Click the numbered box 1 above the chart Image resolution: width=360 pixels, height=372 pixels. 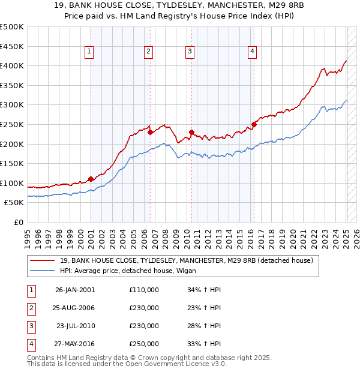(x=89, y=52)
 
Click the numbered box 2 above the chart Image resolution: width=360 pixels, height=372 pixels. (x=148, y=52)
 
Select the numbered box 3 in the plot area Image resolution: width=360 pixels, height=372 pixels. (x=190, y=52)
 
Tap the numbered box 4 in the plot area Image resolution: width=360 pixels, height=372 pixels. (x=253, y=52)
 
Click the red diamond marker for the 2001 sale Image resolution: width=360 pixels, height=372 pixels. (x=91, y=179)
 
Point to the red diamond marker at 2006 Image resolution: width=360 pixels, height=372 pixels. (x=150, y=132)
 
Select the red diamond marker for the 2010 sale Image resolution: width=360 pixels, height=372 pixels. (x=191, y=132)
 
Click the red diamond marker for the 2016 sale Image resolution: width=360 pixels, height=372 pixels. (x=254, y=124)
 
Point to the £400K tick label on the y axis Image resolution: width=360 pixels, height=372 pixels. (x=11, y=65)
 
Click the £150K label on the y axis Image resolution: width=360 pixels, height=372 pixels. (x=11, y=163)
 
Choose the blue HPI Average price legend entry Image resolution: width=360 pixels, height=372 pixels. (x=136, y=271)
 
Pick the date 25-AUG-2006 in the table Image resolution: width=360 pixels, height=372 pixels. (x=74, y=308)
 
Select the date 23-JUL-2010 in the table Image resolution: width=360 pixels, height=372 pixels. (x=76, y=326)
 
